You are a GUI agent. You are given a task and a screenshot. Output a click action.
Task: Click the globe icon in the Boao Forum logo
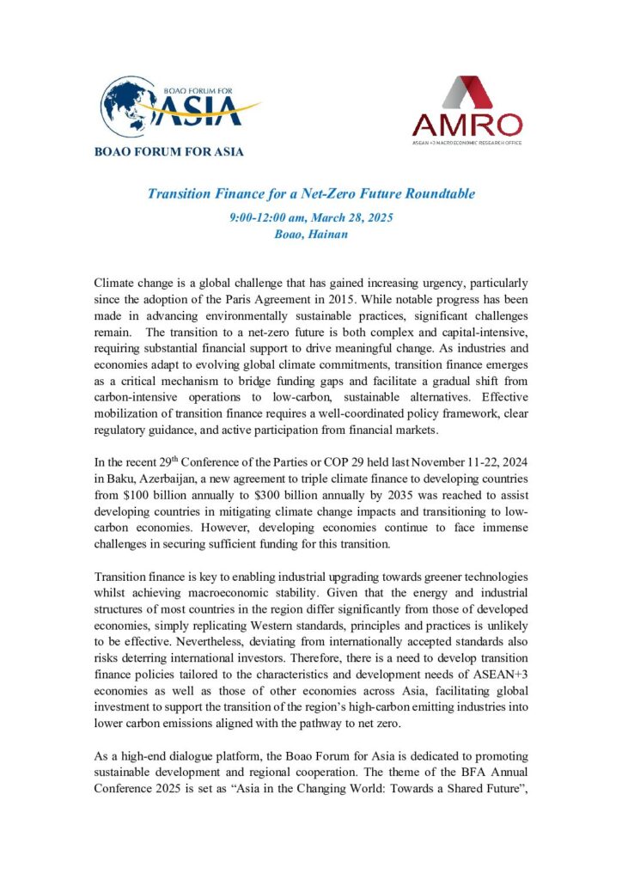pyautogui.click(x=129, y=107)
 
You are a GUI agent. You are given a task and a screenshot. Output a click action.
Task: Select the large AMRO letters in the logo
pyautogui.click(x=466, y=125)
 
